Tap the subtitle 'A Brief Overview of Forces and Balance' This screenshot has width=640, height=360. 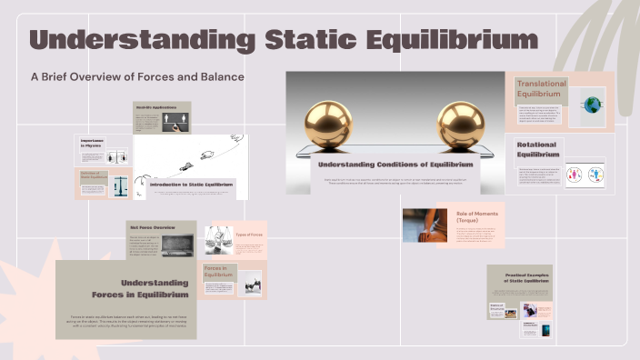(x=137, y=77)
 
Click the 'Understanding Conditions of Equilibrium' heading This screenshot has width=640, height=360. (x=395, y=164)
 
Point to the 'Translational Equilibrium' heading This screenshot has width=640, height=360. (x=541, y=89)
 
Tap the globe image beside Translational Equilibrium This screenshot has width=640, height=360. (x=593, y=105)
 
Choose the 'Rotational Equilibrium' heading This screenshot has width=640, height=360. (x=538, y=149)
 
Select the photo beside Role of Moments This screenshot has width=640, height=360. (x=425, y=225)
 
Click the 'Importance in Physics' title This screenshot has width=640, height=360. (x=92, y=143)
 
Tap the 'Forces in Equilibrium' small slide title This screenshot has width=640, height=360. (x=219, y=271)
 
